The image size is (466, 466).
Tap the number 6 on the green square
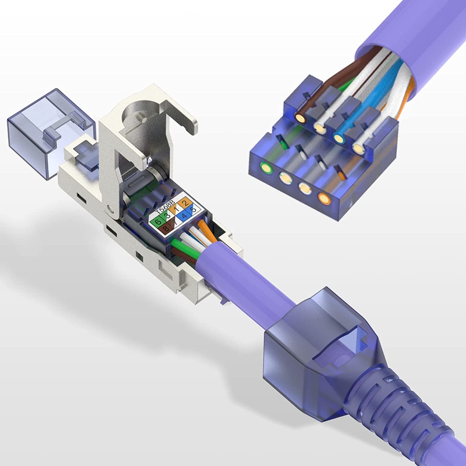tap(158, 222)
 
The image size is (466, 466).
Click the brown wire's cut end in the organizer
tap(300, 118)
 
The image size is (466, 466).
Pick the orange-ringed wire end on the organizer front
tap(324, 198)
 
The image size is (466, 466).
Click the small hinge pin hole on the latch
tap(111, 210)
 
